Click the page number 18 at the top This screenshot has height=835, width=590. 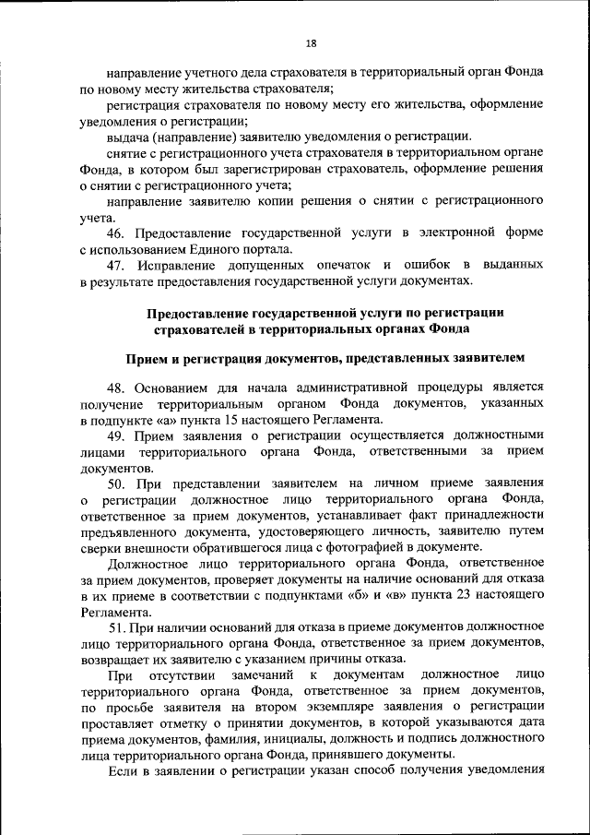(x=311, y=43)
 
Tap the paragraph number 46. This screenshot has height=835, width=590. (x=118, y=233)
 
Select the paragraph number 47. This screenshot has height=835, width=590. (x=118, y=266)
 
